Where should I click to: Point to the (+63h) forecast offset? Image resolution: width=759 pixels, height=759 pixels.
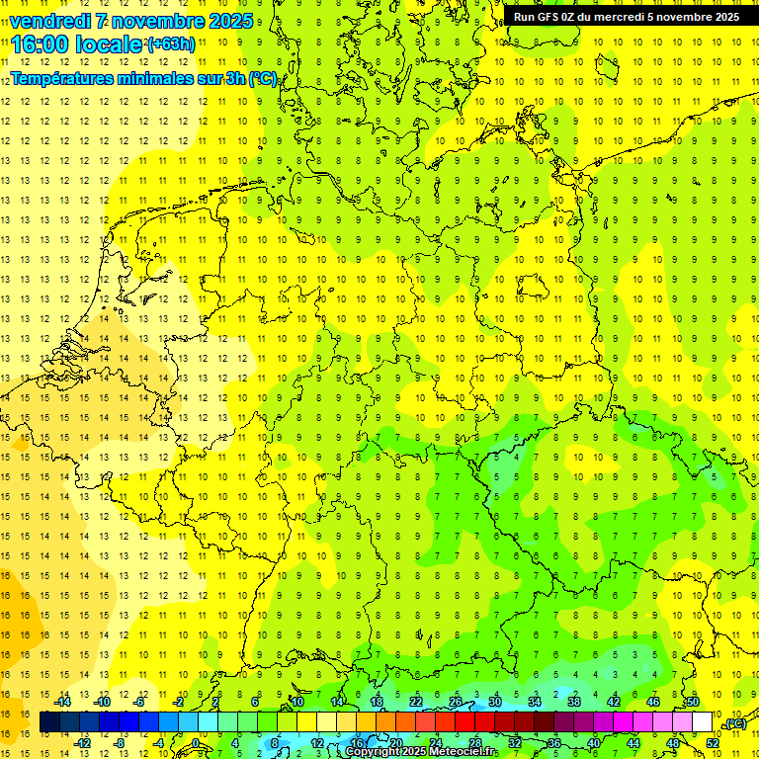171,43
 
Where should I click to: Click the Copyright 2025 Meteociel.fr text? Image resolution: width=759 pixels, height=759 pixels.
421,752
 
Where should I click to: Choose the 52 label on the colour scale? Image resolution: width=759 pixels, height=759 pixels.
713,742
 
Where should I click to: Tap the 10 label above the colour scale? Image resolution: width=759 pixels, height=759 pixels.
296,702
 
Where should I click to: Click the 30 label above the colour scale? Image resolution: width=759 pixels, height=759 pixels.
494,702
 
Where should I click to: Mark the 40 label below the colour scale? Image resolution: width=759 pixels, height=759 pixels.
593,742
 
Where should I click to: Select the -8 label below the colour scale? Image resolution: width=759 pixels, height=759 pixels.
121,742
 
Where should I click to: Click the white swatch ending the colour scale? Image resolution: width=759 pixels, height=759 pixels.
702,722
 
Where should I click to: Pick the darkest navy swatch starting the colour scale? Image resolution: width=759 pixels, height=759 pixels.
50,722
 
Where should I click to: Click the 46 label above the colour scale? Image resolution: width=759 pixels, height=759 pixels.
652,702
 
